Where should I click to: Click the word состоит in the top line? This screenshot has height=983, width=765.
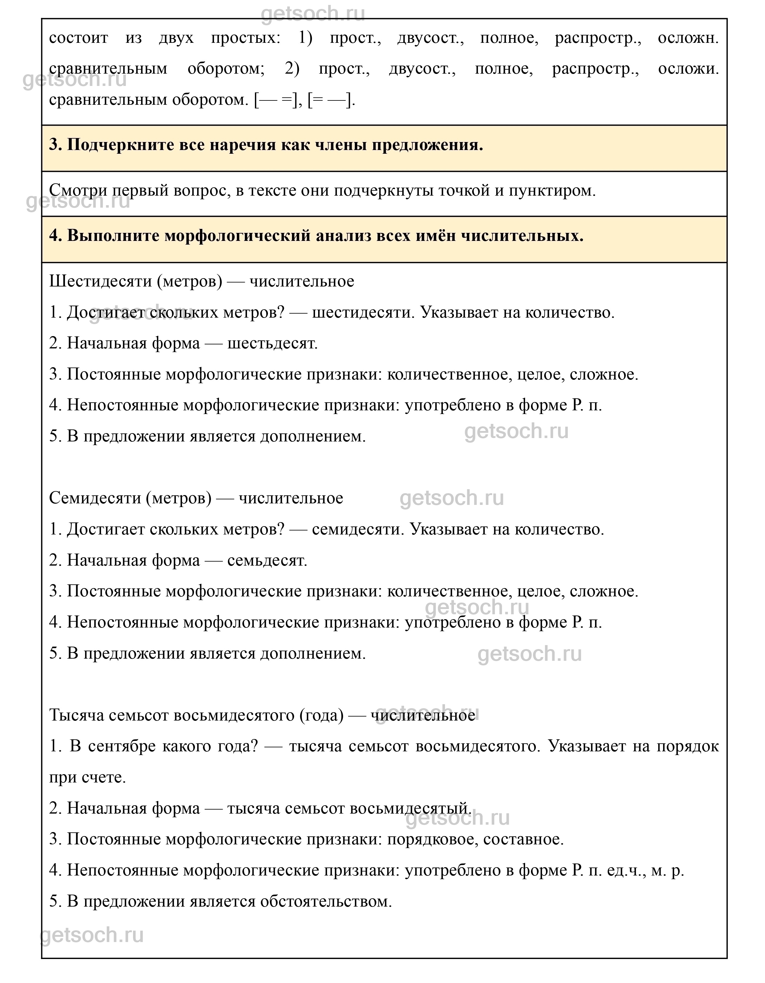pyautogui.click(x=78, y=38)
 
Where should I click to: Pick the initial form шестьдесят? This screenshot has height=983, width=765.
pyautogui.click(x=272, y=344)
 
